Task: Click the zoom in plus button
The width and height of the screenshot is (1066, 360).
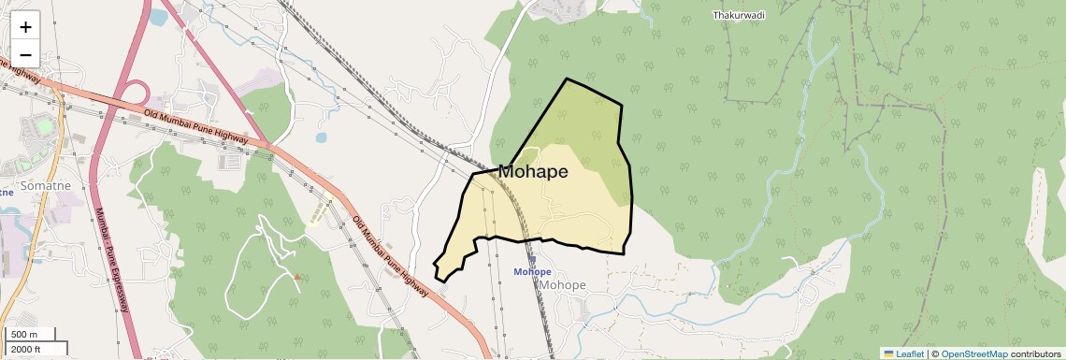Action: pos(26,27)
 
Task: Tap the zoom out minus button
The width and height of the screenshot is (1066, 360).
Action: pos(26,53)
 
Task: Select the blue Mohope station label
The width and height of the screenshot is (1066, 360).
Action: pos(532,272)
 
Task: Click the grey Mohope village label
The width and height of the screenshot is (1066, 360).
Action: pos(563,285)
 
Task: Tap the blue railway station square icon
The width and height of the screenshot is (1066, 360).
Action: pos(532,261)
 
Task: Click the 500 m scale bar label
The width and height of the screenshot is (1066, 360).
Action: pos(25,335)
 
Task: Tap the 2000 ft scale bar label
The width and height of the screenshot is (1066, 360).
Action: pos(27,350)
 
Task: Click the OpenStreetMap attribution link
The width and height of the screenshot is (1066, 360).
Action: pos(973,353)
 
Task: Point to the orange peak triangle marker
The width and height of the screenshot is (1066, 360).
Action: pos(297,276)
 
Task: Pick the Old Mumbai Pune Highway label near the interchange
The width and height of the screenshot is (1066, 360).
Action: pos(195,126)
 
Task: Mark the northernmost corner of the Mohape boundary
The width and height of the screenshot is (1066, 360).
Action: pos(567,79)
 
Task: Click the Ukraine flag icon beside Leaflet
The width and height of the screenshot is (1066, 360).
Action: pos(888,353)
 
